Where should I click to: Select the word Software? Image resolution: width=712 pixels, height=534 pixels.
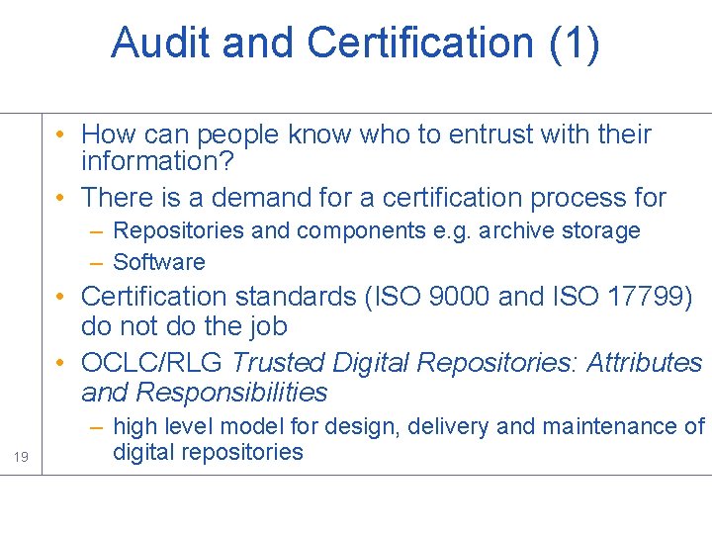click(159, 262)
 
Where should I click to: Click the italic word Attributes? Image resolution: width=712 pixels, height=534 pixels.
click(645, 363)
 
